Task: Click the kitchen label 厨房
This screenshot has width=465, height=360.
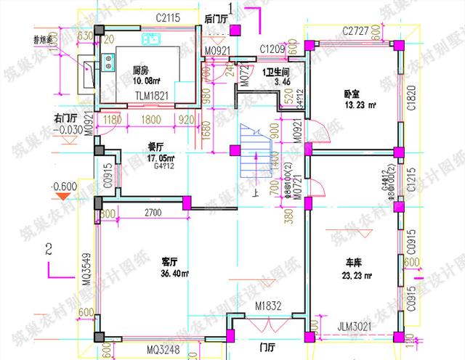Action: (x=142, y=70)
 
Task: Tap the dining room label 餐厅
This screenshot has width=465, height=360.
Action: (x=156, y=145)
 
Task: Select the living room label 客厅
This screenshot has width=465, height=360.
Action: (x=171, y=262)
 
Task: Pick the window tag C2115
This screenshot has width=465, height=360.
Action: (x=168, y=16)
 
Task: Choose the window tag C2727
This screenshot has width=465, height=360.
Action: (x=356, y=30)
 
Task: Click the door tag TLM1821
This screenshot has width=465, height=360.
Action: (x=150, y=94)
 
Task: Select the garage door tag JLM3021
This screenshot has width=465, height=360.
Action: (x=355, y=327)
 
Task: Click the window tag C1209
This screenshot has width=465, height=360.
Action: (x=272, y=49)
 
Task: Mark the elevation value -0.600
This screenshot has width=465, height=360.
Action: (x=64, y=186)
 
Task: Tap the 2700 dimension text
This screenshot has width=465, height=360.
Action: (x=153, y=213)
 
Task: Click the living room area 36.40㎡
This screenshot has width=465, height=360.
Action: (x=174, y=274)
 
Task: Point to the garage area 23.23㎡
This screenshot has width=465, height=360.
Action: (x=356, y=276)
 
